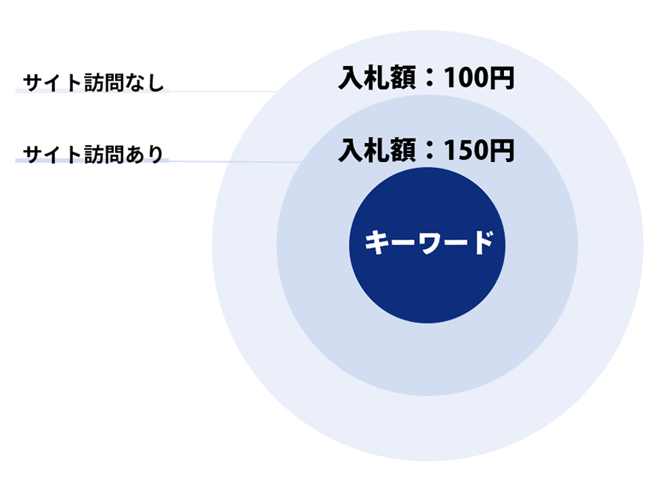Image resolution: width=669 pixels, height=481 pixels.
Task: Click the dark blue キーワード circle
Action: click(x=427, y=245)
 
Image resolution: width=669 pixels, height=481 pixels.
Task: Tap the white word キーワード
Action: click(x=429, y=242)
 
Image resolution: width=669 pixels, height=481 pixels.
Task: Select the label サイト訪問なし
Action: click(x=93, y=83)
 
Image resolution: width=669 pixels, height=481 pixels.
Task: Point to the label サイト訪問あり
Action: click(x=93, y=154)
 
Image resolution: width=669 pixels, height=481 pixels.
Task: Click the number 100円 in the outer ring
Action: click(x=479, y=78)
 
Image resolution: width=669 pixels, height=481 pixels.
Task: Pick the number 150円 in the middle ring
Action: click(x=479, y=150)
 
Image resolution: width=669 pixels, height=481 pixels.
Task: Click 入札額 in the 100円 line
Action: click(x=377, y=78)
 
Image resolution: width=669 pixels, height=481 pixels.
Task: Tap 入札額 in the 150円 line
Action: click(x=377, y=150)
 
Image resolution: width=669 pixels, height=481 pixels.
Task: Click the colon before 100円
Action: click(x=430, y=79)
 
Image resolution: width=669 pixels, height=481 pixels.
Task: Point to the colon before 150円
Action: click(x=430, y=151)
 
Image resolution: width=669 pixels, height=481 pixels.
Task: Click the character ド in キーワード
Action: click(x=482, y=242)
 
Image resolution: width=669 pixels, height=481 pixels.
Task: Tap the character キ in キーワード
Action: click(x=376, y=242)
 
